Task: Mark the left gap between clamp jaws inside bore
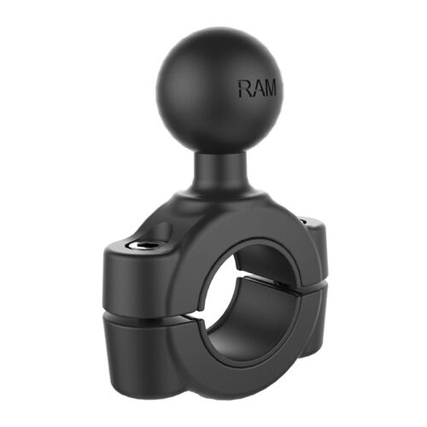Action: tap(208, 313)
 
